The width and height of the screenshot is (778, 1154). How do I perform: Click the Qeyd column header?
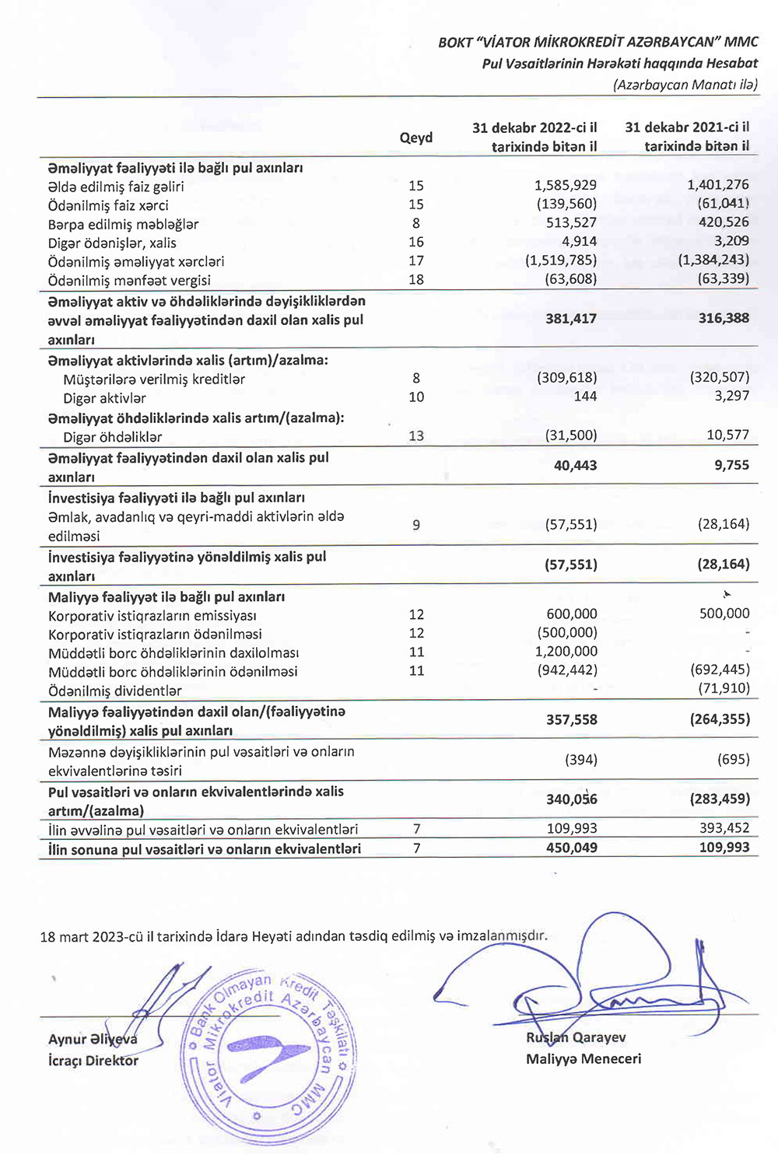point(416,138)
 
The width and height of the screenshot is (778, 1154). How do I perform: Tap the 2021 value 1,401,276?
point(718,185)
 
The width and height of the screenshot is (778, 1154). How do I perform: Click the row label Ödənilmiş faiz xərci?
point(108,205)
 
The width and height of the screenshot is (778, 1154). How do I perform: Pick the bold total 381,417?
point(571,318)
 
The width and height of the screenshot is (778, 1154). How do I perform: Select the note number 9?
point(416,525)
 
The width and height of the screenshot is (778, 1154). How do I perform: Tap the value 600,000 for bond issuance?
point(572,614)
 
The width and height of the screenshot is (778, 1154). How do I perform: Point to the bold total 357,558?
point(572,720)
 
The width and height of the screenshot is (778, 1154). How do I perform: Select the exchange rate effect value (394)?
point(581,760)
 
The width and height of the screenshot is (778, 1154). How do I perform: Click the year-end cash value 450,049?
point(572,848)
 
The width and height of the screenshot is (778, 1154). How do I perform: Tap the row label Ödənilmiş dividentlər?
point(115,691)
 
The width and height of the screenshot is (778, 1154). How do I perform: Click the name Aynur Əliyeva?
point(93,1040)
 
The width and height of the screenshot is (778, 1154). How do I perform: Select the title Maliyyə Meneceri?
point(583,1058)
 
